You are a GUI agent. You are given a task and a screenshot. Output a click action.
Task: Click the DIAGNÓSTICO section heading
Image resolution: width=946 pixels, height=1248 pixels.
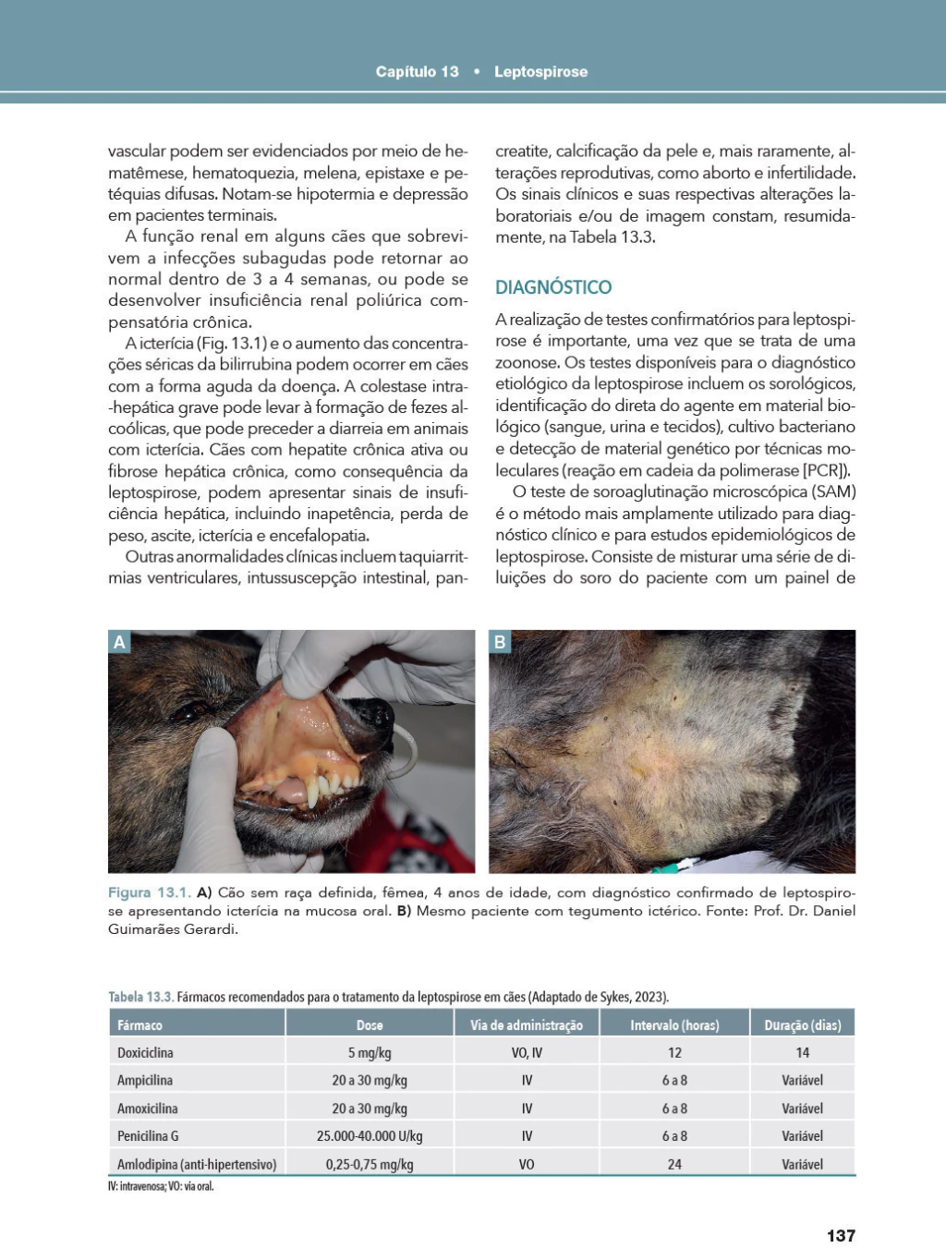(553, 287)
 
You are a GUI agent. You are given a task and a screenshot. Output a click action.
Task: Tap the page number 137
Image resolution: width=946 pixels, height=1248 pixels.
(841, 1235)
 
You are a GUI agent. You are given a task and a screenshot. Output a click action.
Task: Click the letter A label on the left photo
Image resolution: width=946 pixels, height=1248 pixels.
(119, 642)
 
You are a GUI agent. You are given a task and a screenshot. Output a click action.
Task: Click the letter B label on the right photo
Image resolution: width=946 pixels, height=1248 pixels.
(500, 642)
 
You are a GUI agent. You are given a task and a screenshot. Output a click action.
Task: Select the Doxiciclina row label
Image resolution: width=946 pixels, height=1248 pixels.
(145, 1052)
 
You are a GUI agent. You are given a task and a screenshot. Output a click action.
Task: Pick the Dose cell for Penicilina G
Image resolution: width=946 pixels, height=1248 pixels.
(370, 1135)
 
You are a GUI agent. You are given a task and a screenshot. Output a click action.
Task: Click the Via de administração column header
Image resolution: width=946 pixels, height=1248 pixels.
(527, 1024)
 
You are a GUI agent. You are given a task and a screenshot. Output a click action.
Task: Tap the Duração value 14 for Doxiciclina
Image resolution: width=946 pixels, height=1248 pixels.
(802, 1052)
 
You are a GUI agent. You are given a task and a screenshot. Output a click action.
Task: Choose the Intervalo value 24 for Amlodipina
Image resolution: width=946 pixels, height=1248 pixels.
(674, 1164)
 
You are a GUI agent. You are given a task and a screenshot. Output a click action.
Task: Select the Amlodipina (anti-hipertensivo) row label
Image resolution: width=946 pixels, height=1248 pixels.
(197, 1164)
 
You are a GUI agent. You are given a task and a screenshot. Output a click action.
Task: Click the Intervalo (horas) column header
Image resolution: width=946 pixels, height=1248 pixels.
(674, 1024)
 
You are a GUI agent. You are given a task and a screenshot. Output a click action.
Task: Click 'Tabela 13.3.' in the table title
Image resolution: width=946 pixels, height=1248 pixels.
(140, 997)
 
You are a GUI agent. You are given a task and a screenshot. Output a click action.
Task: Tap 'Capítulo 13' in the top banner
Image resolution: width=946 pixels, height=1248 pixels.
(417, 72)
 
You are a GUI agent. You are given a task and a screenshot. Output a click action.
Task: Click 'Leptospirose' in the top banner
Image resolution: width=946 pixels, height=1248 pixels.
(540, 72)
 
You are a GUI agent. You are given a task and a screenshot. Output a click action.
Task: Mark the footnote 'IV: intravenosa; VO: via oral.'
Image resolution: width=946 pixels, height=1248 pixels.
(161, 1186)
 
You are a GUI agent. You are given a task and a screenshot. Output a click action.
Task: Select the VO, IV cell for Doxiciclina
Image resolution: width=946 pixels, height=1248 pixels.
(527, 1052)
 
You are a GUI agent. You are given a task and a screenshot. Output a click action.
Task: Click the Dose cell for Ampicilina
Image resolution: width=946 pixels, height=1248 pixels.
(370, 1080)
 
